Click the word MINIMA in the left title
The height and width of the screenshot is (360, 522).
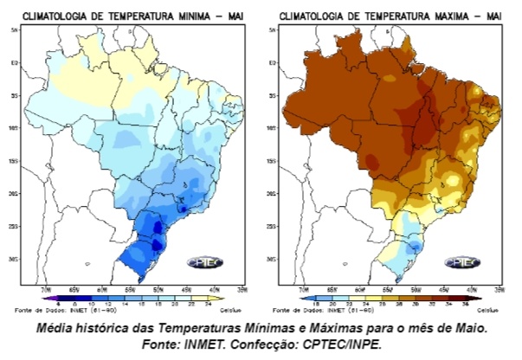(x=180, y=16)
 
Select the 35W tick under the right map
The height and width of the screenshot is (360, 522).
(x=498, y=289)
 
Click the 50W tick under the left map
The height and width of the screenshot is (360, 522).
(x=156, y=289)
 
